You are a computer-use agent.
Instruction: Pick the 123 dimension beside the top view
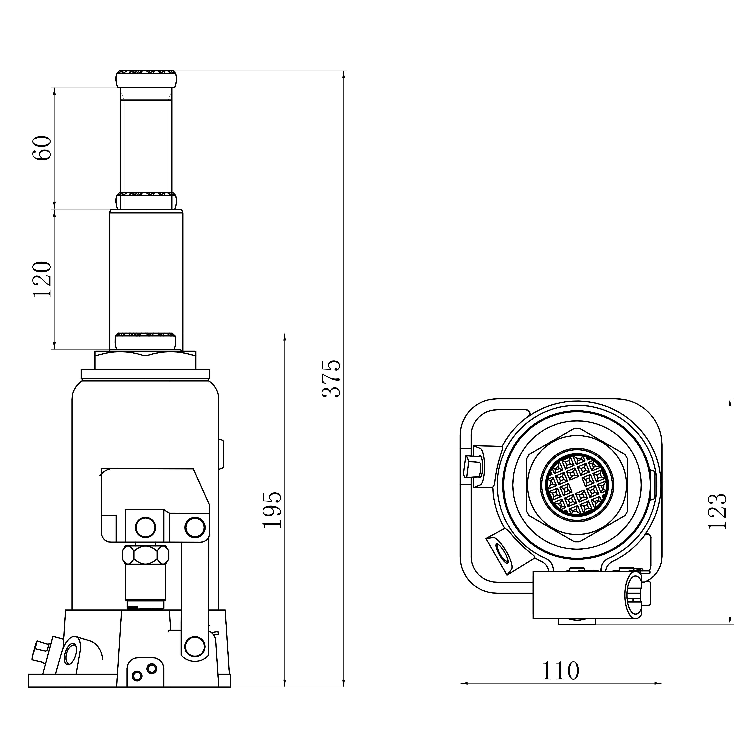pyautogui.click(x=718, y=511)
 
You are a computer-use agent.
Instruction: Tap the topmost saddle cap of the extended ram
pyautogui.click(x=146, y=79)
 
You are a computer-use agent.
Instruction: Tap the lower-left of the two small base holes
pyautogui.click(x=137, y=676)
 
